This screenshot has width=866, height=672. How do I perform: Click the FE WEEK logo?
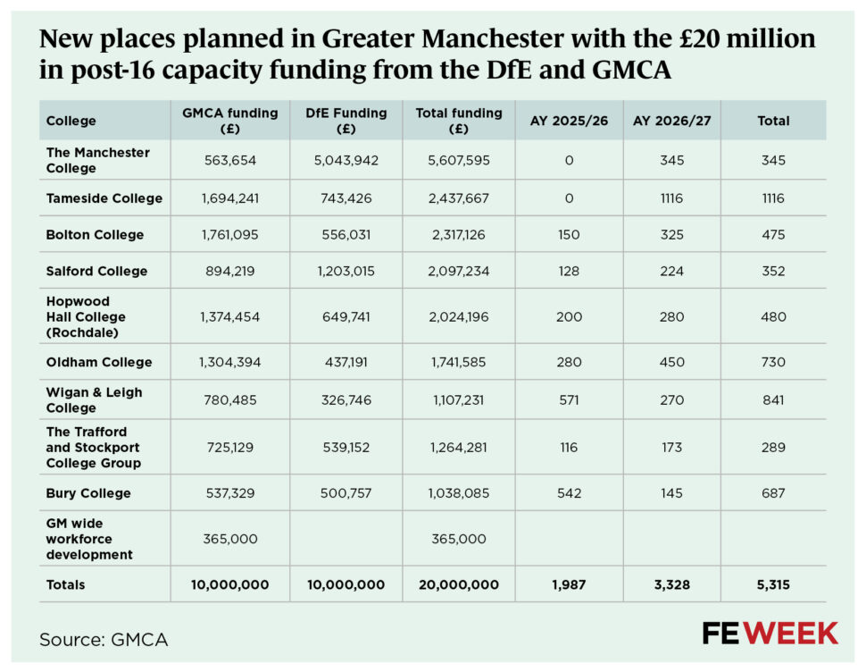[770, 634]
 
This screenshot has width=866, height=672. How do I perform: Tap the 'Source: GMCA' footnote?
[104, 639]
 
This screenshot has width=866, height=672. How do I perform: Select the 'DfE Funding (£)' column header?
[346, 121]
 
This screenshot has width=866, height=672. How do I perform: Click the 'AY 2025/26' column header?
[570, 121]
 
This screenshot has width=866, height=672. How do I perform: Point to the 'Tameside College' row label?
[104, 198]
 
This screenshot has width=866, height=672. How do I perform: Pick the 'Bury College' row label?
[88, 493]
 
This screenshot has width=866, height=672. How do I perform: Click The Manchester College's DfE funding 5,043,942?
[346, 161]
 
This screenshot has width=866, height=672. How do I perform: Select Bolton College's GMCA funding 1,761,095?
[230, 235]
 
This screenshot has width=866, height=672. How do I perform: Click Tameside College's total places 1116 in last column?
[773, 198]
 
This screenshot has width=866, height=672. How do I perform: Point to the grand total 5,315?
[773, 584]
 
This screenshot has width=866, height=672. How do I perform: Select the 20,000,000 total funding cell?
[458, 584]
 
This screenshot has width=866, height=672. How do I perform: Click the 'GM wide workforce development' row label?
[89, 539]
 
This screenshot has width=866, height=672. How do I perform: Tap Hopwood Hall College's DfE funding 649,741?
[346, 316]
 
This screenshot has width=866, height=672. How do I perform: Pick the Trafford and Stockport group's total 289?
[773, 447]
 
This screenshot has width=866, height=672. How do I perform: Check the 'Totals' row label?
[66, 584]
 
